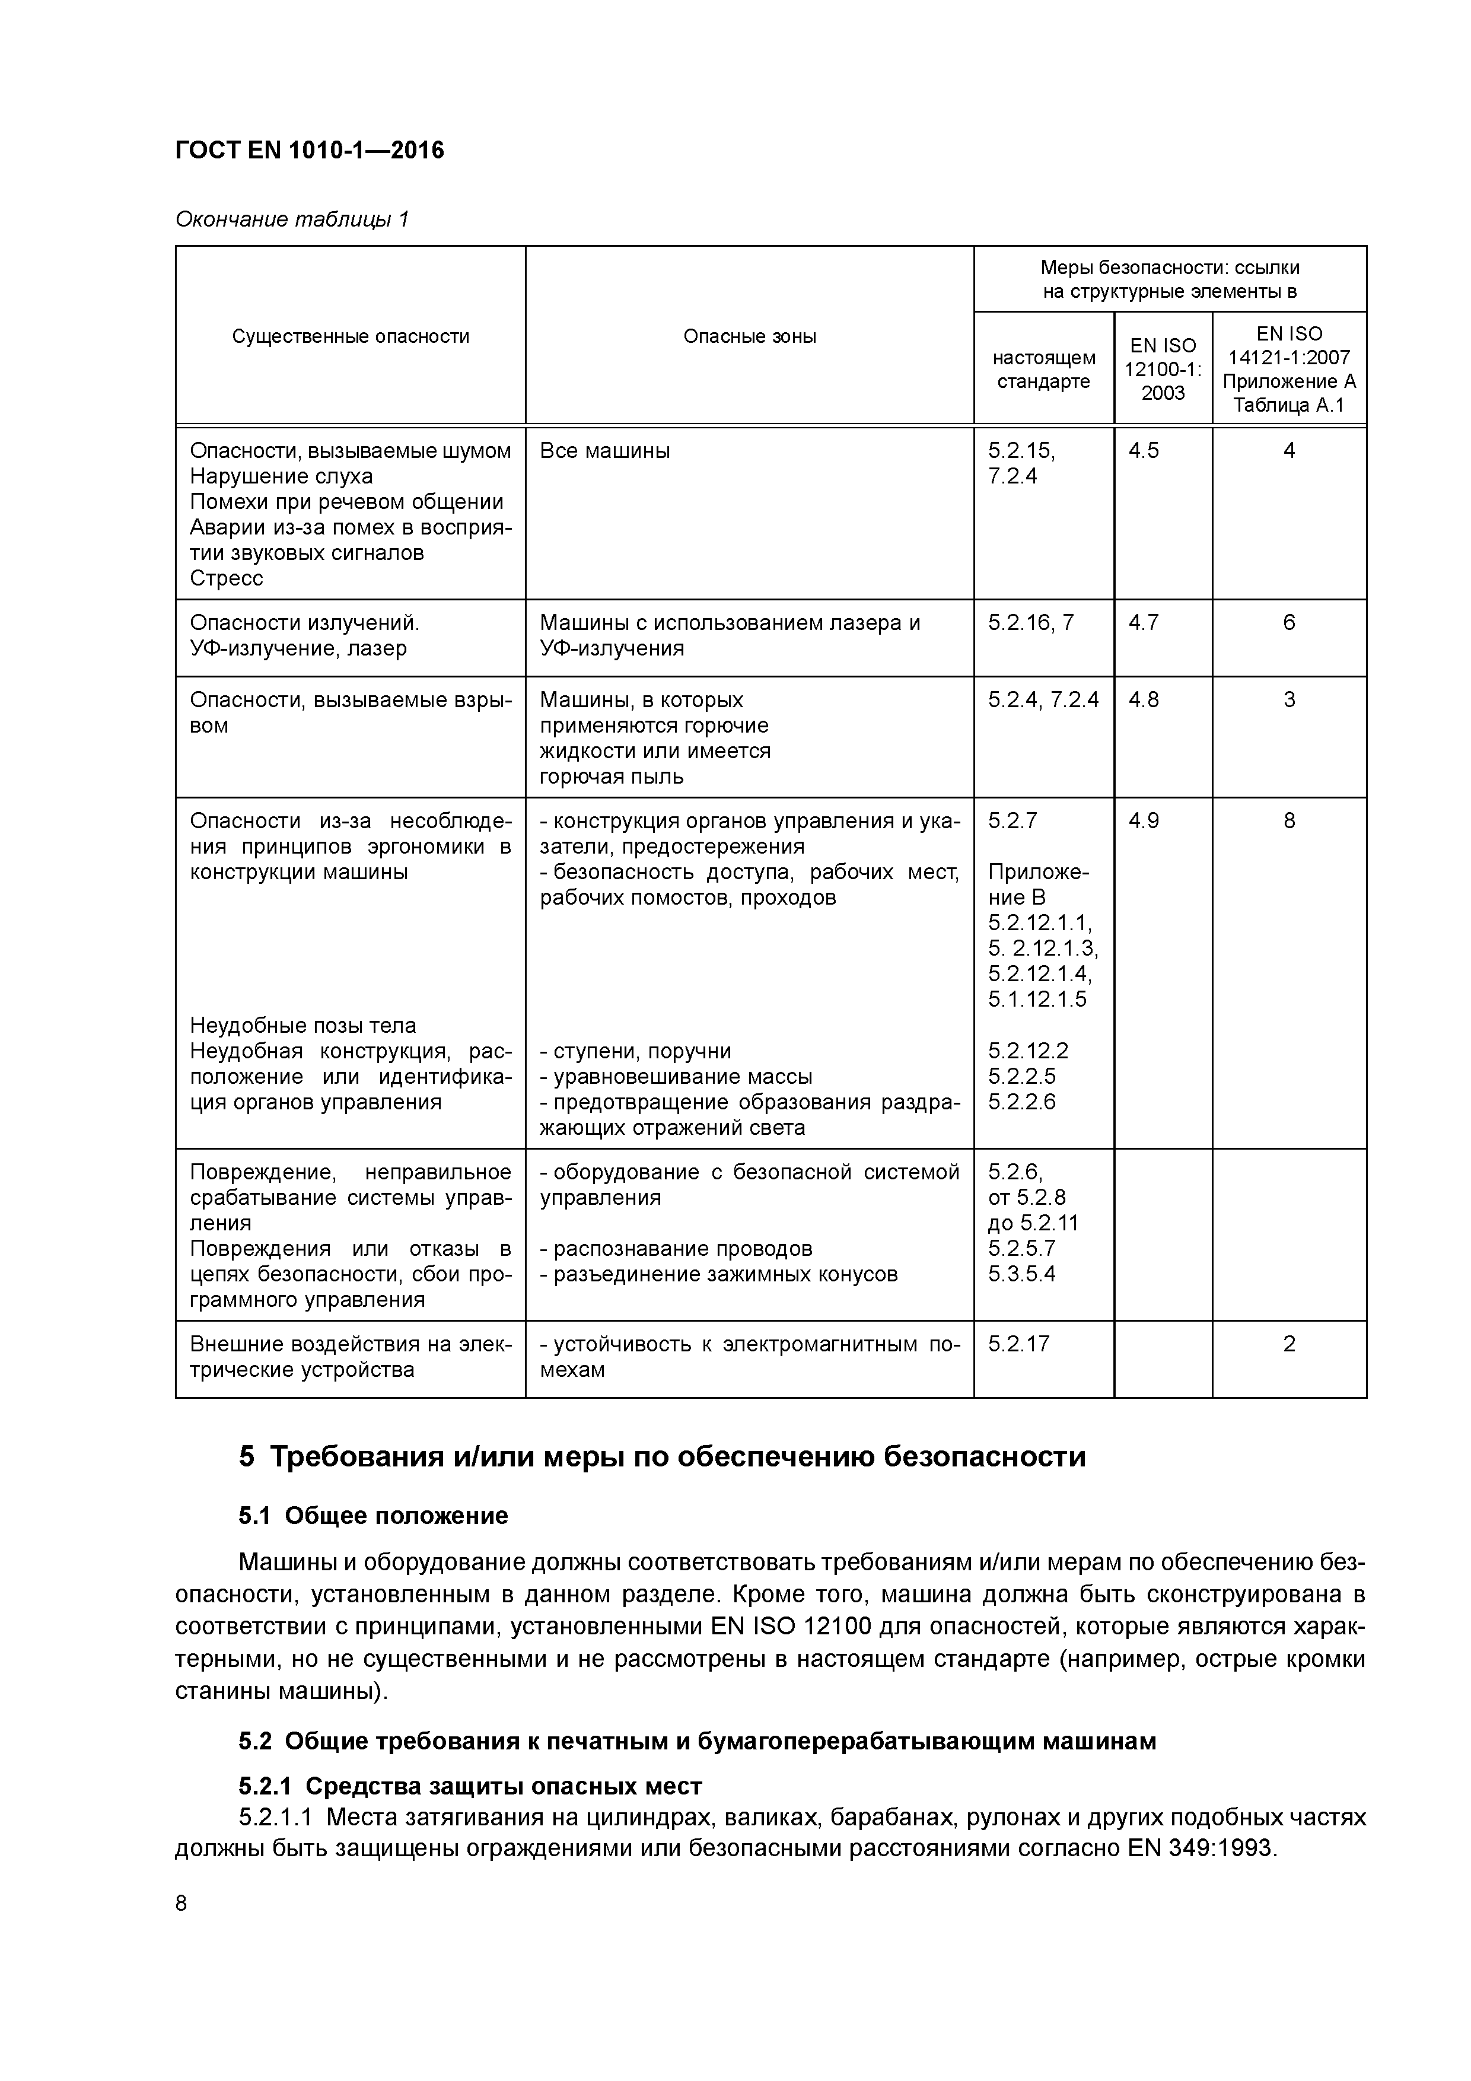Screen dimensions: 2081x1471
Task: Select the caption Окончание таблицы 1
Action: pos(292,219)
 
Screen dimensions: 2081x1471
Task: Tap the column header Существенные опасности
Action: pos(350,336)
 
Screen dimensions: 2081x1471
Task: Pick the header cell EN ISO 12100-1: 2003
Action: pos(1162,369)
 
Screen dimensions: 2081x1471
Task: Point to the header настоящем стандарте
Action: pos(1043,369)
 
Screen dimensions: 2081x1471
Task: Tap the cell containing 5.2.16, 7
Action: pos(1030,623)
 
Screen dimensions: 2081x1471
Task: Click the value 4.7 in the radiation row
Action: pos(1143,623)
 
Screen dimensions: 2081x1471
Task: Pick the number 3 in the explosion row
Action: pos(1289,700)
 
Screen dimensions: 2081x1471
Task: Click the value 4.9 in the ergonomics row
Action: pos(1143,820)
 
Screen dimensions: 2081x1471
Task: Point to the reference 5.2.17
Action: pos(1019,1343)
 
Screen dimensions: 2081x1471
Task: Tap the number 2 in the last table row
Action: pos(1289,1343)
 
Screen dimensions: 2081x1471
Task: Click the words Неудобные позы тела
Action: pos(303,1025)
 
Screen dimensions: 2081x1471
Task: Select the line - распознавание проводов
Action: pos(676,1248)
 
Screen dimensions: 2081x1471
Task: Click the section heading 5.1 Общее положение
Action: pos(374,1516)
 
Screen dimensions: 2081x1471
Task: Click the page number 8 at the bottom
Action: pos(182,1904)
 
